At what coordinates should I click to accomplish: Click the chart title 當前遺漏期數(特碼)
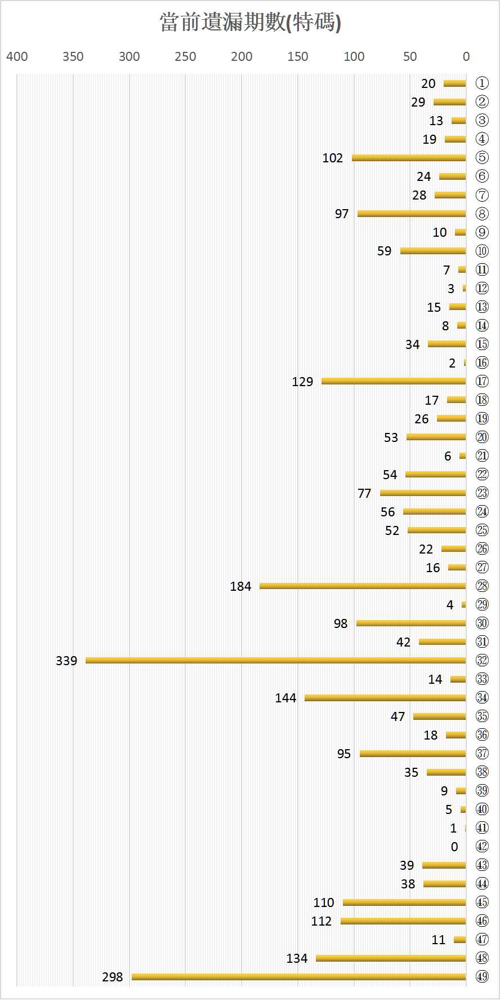251,23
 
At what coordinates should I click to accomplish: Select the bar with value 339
276,660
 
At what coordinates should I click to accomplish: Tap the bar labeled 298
298,976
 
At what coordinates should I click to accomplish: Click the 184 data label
240,586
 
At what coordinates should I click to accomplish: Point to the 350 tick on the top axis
73,56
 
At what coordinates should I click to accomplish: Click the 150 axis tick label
298,56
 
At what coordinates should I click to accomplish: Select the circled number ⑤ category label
482,157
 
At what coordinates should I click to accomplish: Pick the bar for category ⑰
394,381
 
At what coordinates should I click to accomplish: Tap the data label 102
332,158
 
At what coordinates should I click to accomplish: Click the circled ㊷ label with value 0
482,846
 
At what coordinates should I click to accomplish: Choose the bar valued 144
385,698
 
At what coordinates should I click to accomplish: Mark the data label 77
364,493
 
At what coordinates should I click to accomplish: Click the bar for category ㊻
403,921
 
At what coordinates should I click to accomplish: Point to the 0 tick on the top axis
466,56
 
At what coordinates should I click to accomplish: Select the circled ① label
482,83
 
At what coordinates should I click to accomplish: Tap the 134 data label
297,958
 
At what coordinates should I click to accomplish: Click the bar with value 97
412,213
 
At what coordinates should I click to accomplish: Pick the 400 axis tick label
17,56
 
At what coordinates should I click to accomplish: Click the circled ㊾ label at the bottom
482,976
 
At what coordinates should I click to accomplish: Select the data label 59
384,251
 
